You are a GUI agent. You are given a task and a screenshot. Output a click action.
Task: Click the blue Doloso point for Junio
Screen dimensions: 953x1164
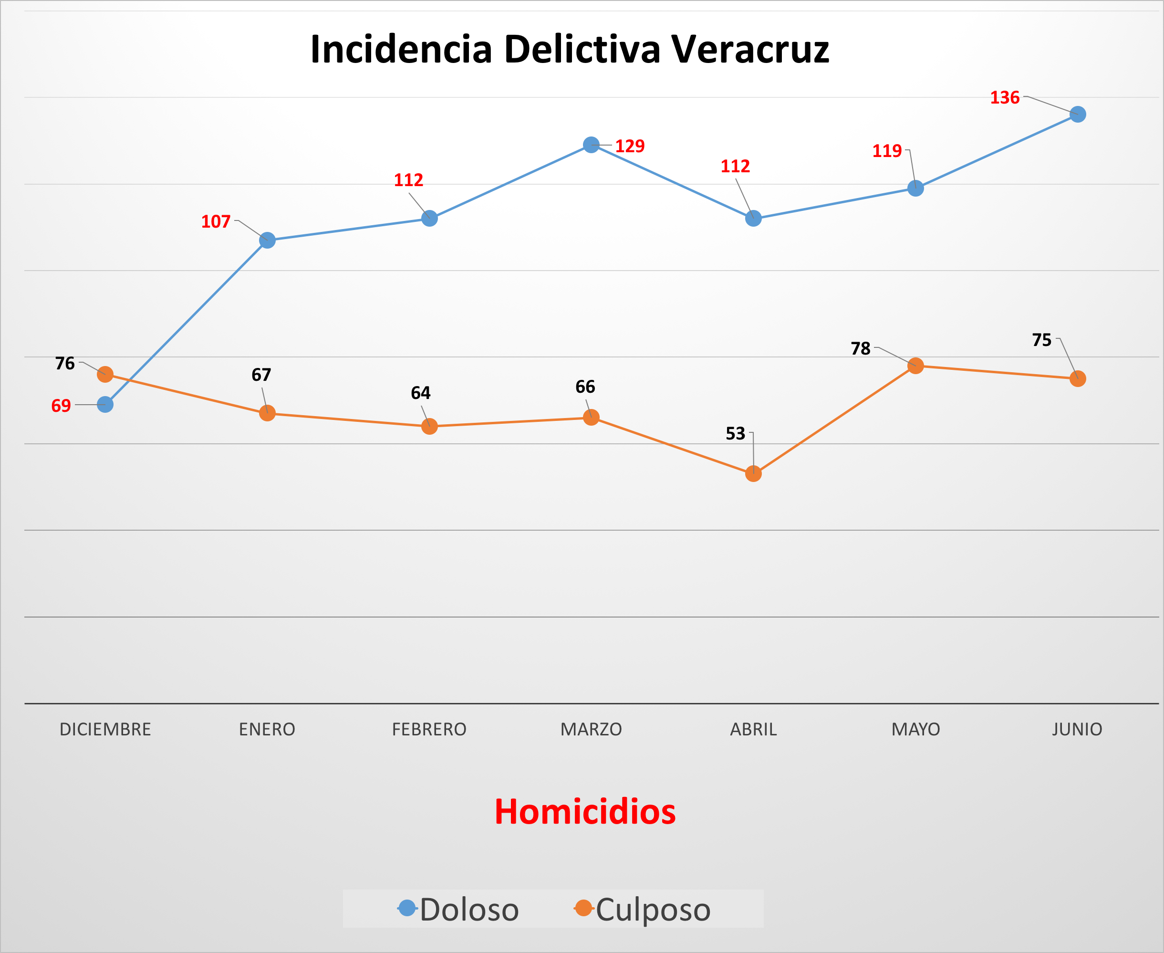tap(1077, 114)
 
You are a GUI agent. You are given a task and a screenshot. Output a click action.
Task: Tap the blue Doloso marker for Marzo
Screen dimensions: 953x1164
tap(591, 145)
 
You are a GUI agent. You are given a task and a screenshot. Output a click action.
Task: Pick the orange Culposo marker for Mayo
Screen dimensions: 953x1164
tap(915, 366)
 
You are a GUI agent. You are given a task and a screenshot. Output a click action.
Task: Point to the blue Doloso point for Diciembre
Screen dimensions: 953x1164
tap(105, 405)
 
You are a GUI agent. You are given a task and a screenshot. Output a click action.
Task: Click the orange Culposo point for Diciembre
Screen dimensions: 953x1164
tap(105, 375)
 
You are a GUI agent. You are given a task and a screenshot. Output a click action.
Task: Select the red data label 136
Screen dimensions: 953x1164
tap(1004, 98)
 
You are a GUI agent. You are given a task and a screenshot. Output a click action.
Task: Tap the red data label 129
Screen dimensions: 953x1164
tap(630, 146)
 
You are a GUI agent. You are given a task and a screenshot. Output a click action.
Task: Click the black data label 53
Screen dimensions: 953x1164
tap(736, 434)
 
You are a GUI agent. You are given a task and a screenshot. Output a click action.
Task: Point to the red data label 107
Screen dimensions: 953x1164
tap(216, 222)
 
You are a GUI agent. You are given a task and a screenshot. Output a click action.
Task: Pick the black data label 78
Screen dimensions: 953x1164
tap(861, 348)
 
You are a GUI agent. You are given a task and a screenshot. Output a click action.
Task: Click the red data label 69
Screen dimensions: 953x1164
tap(61, 406)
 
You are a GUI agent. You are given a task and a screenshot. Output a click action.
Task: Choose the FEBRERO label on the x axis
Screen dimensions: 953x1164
tap(429, 730)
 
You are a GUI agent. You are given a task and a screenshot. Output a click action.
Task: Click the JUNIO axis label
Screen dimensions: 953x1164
tap(1077, 730)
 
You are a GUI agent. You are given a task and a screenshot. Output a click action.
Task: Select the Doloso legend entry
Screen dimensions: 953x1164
tap(459, 909)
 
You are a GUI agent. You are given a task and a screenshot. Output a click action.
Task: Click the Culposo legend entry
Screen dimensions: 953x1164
tap(642, 909)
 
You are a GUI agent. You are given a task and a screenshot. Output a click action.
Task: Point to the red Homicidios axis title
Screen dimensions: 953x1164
tap(585, 812)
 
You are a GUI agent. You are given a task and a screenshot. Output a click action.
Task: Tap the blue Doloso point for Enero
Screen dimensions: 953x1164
tap(267, 241)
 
